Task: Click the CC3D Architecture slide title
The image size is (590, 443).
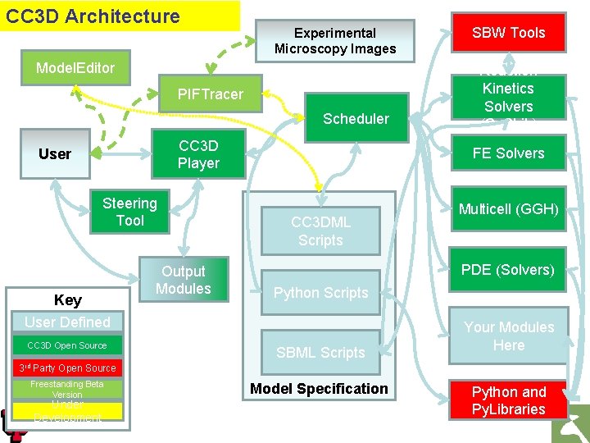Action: coord(93,16)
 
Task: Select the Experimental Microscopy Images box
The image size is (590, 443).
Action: coord(334,41)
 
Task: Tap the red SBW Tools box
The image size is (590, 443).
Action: coord(508,33)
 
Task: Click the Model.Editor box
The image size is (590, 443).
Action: coord(75,67)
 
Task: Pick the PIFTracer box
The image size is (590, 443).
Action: coord(211,94)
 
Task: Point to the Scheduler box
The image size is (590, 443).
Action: coord(356,119)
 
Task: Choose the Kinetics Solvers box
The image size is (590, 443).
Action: coord(508,98)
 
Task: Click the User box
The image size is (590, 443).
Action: coord(55,154)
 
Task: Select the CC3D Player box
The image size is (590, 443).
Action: coord(198,154)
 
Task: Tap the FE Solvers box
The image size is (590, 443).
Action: coord(508,153)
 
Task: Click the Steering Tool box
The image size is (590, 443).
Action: coord(129,212)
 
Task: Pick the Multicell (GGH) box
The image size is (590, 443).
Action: coord(508,209)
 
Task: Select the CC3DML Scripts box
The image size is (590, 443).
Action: coord(320,231)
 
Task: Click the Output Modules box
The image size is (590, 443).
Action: coord(184,280)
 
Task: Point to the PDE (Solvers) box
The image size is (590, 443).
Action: coord(508,270)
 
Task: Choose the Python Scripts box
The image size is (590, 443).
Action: coord(320,293)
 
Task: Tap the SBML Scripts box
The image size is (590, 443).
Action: coord(320,353)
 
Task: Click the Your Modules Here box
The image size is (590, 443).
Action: coord(508,336)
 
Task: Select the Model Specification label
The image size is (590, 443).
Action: coord(319,389)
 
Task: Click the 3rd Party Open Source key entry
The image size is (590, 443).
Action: coord(67,368)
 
